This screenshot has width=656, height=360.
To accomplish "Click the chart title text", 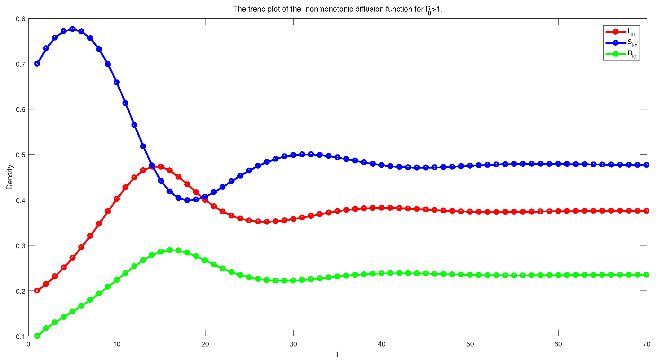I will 337,9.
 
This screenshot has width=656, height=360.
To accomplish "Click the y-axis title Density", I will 10,177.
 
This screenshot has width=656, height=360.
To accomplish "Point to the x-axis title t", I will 337,354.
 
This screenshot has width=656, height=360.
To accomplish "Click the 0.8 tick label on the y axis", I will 21,19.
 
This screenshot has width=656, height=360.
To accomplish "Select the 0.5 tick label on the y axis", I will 21,155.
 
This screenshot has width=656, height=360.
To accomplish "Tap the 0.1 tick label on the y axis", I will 21,337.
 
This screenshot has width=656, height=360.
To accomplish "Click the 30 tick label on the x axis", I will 293,344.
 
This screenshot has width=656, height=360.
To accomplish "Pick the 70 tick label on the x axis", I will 646,344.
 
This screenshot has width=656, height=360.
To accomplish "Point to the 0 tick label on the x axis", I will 28,344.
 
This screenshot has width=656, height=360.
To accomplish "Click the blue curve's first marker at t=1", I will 37,64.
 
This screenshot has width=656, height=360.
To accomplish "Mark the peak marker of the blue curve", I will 73,29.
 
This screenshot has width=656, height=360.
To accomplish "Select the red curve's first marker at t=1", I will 37,291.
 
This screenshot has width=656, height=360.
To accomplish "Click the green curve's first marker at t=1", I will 37,336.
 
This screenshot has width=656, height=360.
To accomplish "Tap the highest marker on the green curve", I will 170,250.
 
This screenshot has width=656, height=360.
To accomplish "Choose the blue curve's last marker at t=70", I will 647,165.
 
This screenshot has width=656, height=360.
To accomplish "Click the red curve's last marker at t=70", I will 647,211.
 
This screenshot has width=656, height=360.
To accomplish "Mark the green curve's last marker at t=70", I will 647,275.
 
